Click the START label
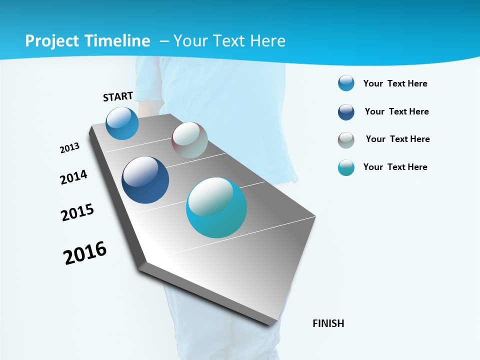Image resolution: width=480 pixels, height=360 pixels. (x=118, y=96)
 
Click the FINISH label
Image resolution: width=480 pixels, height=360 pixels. (x=328, y=323)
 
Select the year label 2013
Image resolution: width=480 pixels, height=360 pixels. (x=69, y=148)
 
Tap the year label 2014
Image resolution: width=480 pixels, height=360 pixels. (x=73, y=177)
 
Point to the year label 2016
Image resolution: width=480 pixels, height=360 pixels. (x=85, y=253)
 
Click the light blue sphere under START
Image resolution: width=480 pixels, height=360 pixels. (x=122, y=123)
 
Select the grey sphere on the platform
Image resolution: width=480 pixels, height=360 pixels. (x=189, y=140)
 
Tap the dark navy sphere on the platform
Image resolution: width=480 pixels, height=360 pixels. (x=145, y=180)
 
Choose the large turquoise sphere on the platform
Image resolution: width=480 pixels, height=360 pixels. (x=216, y=207)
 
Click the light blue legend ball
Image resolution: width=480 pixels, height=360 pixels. (x=346, y=83)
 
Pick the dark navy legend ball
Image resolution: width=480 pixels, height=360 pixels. (x=346, y=112)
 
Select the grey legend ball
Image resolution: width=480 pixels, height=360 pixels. (x=346, y=140)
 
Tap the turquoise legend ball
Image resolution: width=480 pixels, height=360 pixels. (x=346, y=168)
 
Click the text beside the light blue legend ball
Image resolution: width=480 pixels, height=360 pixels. (x=395, y=83)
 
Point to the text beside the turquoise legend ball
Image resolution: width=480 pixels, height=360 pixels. (x=395, y=167)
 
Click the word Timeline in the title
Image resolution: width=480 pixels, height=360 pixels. (x=118, y=41)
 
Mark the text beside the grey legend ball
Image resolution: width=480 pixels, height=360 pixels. (x=397, y=139)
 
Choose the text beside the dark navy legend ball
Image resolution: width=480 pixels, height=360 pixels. (x=396, y=111)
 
